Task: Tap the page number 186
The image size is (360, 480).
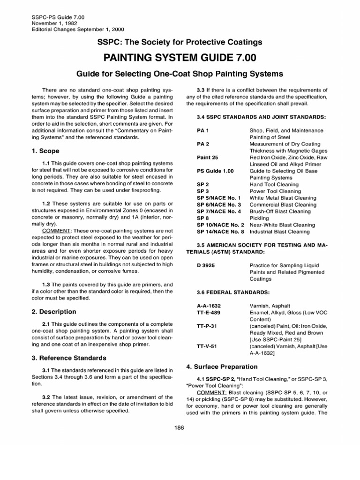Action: click(180, 427)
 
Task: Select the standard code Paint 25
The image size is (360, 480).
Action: click(208, 157)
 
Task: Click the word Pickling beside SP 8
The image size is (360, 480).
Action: click(259, 218)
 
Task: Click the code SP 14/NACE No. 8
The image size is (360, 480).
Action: click(221, 232)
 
